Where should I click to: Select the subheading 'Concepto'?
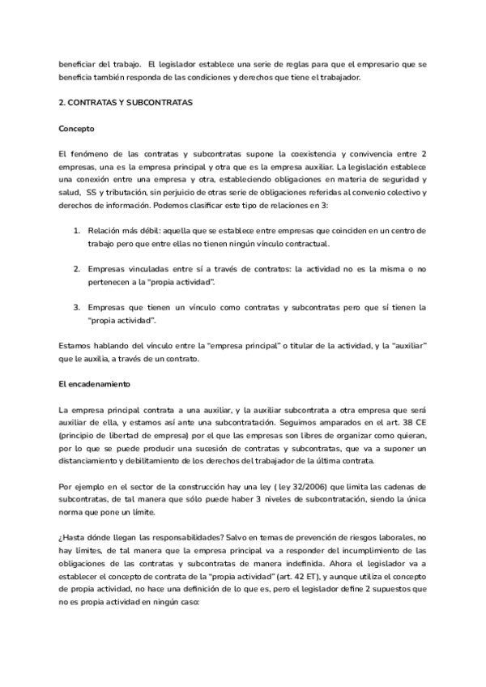(77, 129)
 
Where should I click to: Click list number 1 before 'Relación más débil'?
(76, 231)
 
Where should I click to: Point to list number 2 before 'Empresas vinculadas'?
(76, 268)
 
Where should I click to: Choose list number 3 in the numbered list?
(76, 308)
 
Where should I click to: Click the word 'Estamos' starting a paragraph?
(75, 345)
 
